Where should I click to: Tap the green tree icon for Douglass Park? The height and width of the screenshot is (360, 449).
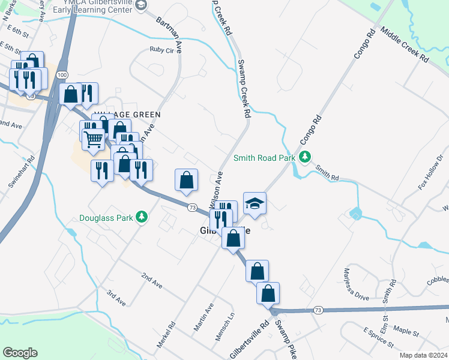tap(142, 217)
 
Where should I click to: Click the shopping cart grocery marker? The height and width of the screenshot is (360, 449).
tap(93, 139)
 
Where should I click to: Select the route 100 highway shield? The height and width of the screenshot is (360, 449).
tap(62, 74)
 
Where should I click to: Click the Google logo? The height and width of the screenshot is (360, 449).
tap(20, 353)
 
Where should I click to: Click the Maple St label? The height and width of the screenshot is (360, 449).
tap(406, 331)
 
